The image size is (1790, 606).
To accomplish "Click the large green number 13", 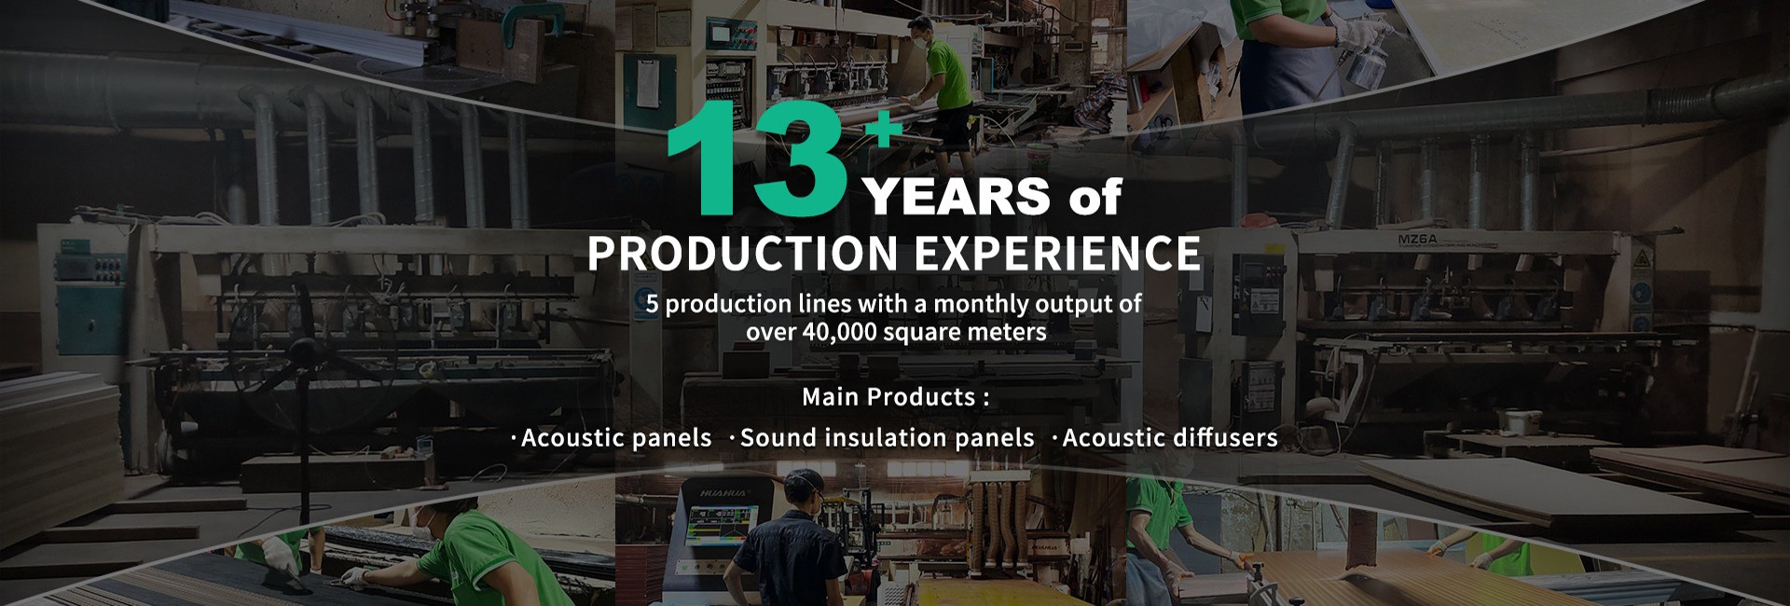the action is (x=756, y=158).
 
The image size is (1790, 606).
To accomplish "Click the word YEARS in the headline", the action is (x=957, y=197).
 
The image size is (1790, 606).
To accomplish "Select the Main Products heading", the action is (x=895, y=397).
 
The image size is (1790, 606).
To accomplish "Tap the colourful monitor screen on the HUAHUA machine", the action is (x=722, y=526).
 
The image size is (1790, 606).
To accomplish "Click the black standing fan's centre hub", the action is (x=304, y=351).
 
